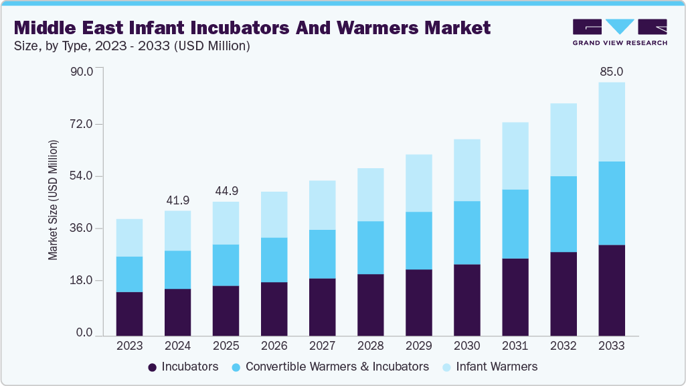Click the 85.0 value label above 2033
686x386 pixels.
pyautogui.click(x=611, y=72)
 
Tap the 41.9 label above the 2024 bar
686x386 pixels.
pyautogui.click(x=177, y=200)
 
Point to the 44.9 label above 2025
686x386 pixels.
pyautogui.click(x=226, y=191)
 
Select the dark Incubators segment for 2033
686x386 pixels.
pyautogui.click(x=611, y=290)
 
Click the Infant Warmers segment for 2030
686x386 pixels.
pyautogui.click(x=466, y=170)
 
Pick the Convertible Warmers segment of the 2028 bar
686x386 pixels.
pyautogui.click(x=370, y=247)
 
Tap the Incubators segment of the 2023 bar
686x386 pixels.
pyautogui.click(x=129, y=314)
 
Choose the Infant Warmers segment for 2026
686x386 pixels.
pyautogui.click(x=274, y=214)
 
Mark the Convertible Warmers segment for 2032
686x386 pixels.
pyautogui.click(x=563, y=214)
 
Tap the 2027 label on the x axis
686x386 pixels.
pyautogui.click(x=322, y=346)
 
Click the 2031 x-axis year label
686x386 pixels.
pyautogui.click(x=515, y=346)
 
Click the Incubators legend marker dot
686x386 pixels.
pyautogui.click(x=153, y=367)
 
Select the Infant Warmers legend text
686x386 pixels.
pyautogui.click(x=497, y=367)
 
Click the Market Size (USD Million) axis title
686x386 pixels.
pyautogui.click(x=53, y=200)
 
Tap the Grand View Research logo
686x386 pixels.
pyautogui.click(x=620, y=32)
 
